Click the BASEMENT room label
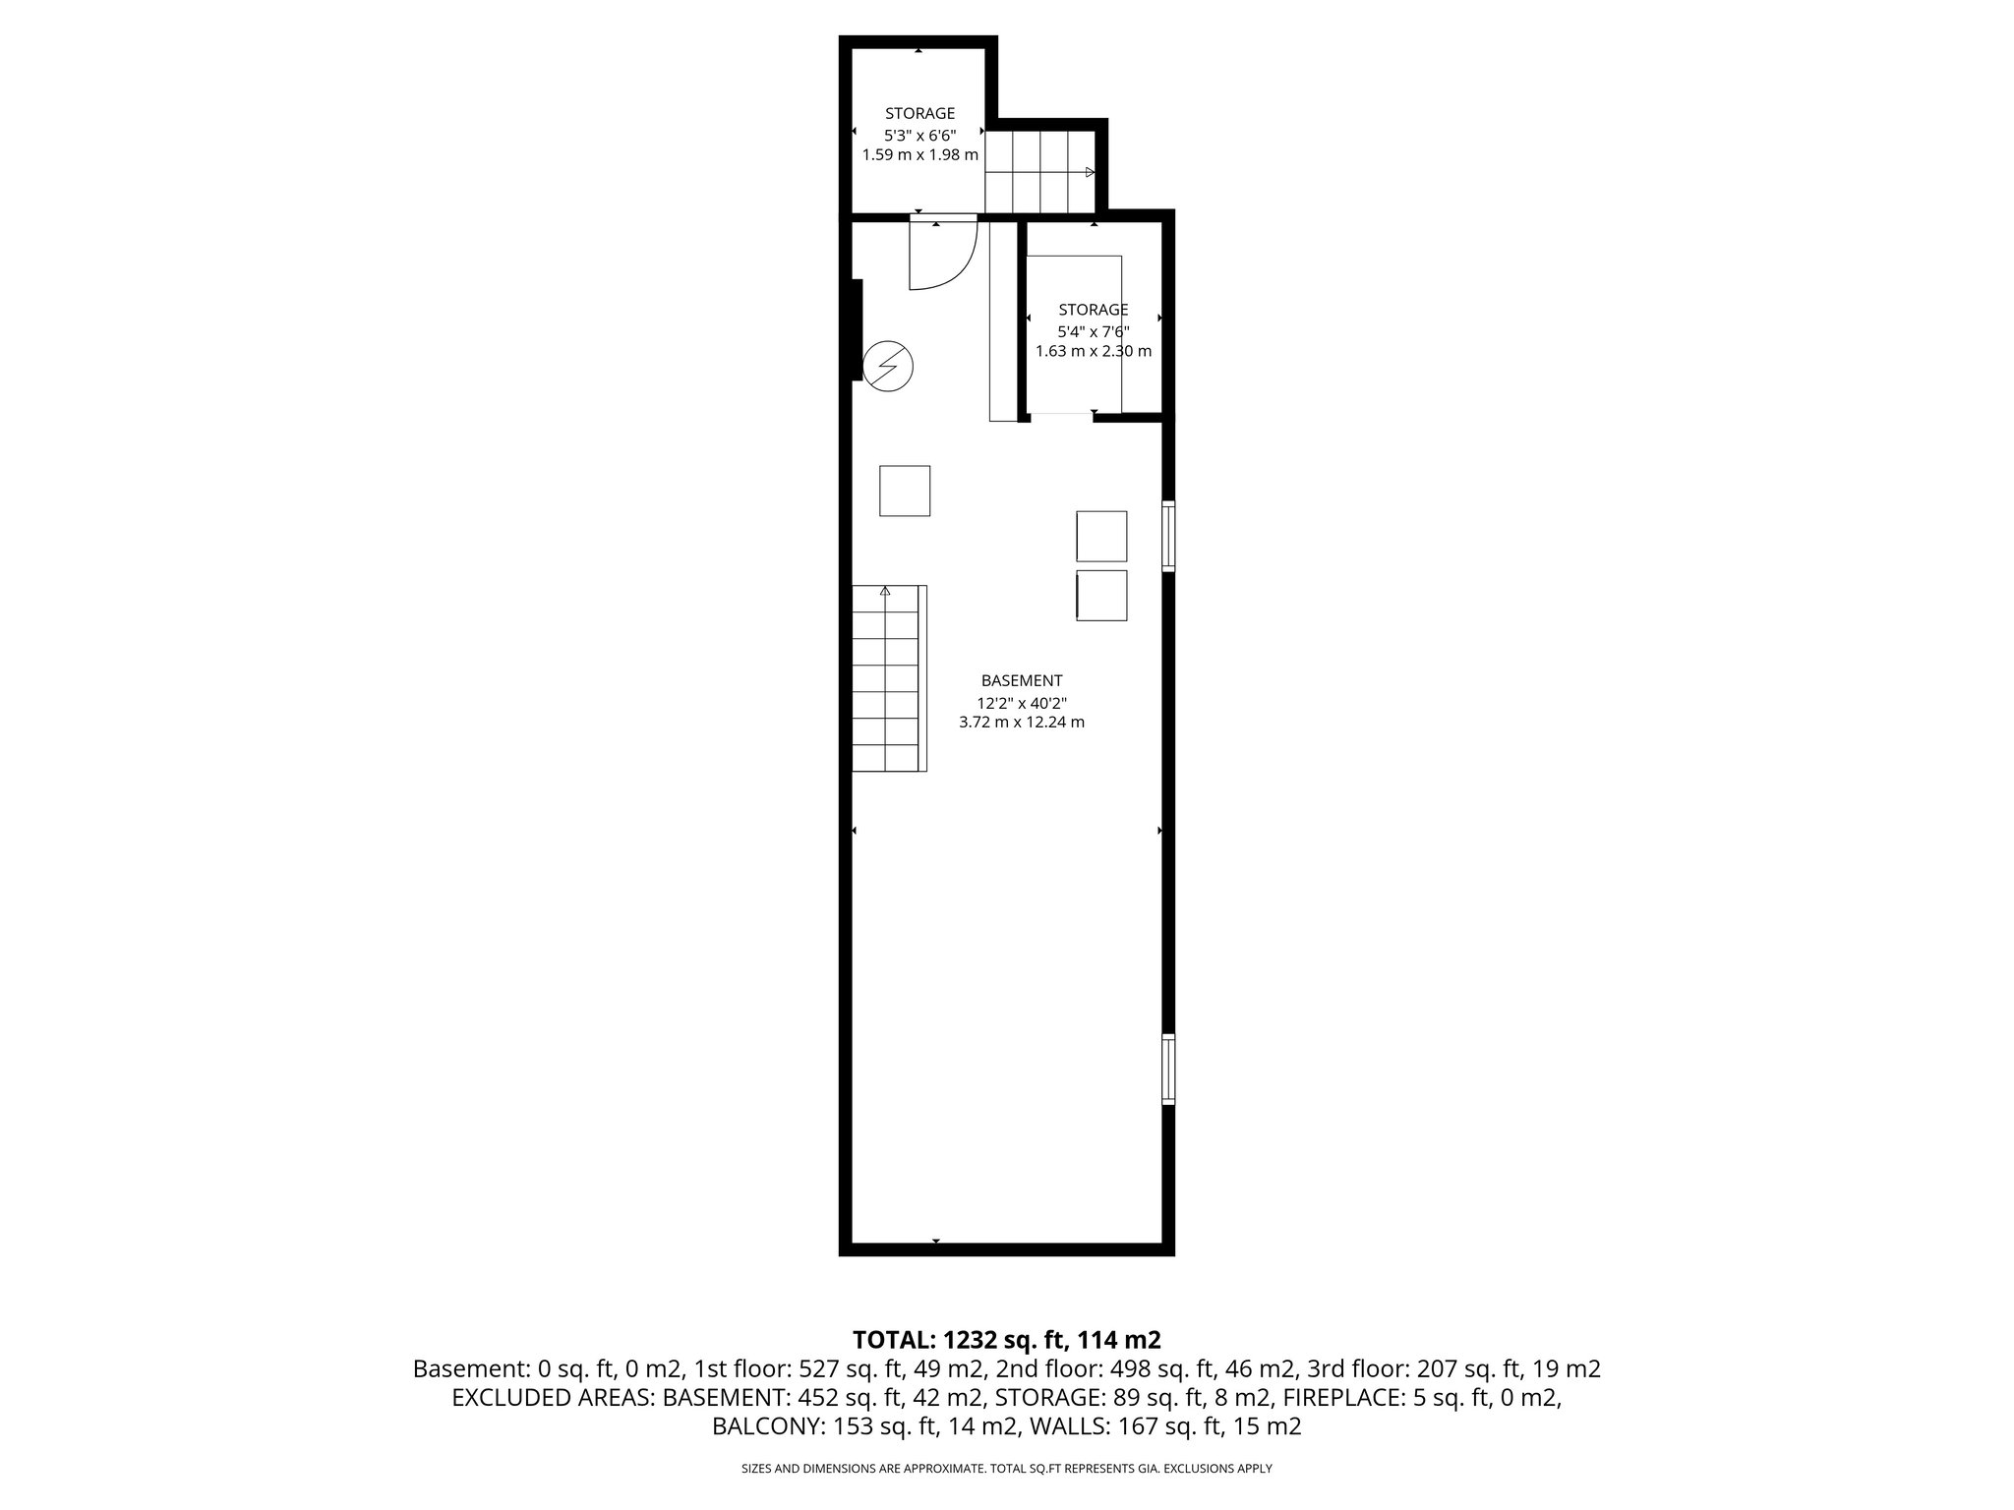[1021, 680]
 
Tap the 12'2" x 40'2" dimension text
[1021, 703]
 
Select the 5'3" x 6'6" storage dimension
[919, 134]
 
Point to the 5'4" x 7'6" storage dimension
[1093, 331]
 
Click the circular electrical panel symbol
[887, 367]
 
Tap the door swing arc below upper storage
[942, 256]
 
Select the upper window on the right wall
[1168, 536]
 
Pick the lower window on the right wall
[1168, 1069]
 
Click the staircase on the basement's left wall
[888, 678]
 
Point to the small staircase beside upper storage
[1040, 172]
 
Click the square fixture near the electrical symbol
[904, 491]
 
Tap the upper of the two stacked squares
[1101, 536]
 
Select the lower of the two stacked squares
[1101, 595]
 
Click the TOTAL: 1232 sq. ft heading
[1006, 1339]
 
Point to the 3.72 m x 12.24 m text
[1021, 723]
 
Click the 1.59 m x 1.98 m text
[919, 154]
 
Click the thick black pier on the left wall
[856, 329]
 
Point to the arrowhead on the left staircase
[885, 592]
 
